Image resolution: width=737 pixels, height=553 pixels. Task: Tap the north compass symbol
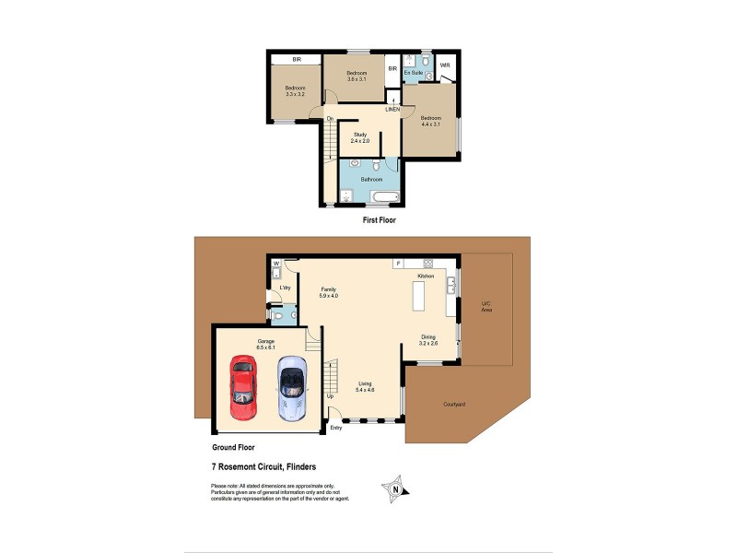(395, 488)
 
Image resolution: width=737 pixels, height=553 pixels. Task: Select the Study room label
(359, 138)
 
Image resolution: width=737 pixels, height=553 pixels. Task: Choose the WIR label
(444, 65)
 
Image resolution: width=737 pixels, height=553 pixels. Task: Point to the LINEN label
(393, 110)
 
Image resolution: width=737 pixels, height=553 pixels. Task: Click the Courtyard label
(453, 404)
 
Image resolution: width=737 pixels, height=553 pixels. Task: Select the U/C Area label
(486, 307)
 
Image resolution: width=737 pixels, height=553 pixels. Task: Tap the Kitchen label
(426, 276)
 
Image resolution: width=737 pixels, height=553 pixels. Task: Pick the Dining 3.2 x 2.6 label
(429, 339)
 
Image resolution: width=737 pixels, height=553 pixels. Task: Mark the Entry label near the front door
(335, 427)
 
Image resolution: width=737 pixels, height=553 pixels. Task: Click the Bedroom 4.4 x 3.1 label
(431, 121)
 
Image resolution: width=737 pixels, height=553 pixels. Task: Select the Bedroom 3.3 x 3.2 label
(295, 91)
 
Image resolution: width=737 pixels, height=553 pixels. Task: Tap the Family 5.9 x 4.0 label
(329, 292)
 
